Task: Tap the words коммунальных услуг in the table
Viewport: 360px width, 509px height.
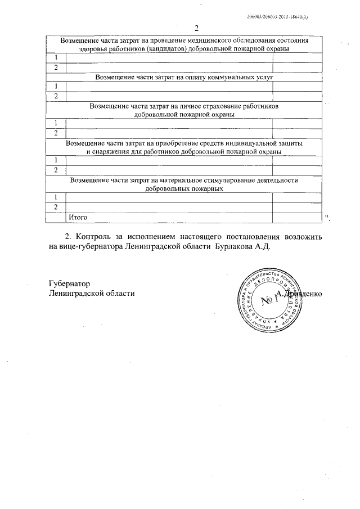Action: [239, 77]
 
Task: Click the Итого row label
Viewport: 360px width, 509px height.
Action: [78, 217]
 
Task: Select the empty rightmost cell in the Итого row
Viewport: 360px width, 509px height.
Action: [297, 217]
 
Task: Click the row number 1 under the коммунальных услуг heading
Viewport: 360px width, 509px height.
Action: [56, 86]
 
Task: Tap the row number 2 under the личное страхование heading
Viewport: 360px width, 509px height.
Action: [56, 133]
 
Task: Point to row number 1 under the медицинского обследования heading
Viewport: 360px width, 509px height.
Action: [56, 58]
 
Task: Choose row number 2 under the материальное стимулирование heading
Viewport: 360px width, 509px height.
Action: [56, 207]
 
